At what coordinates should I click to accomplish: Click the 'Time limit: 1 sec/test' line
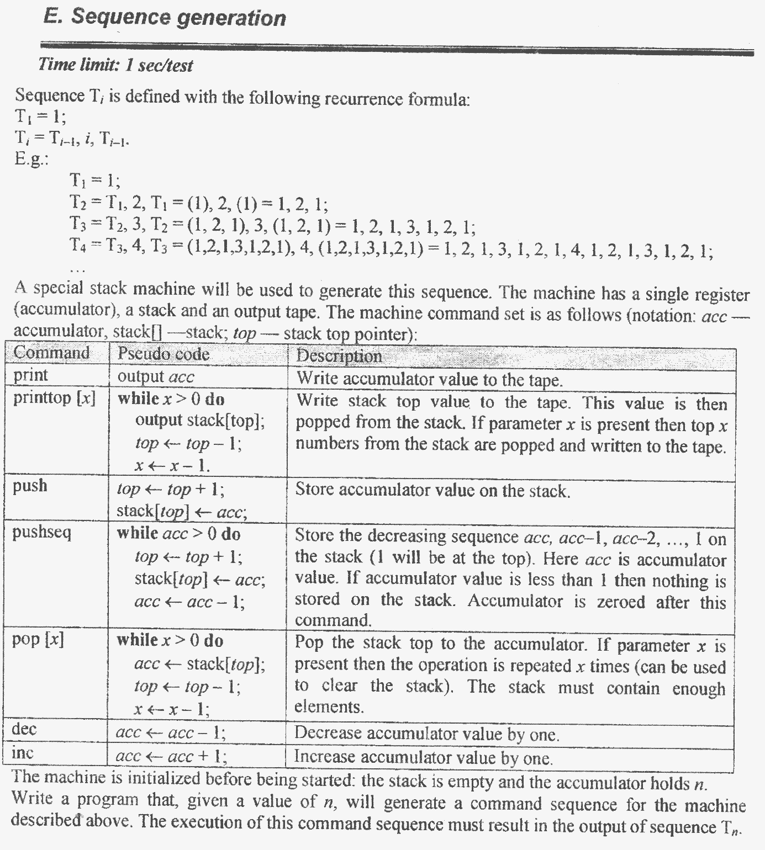[115, 66]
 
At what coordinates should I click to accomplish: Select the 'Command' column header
[51, 353]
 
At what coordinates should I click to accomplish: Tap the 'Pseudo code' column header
[163, 354]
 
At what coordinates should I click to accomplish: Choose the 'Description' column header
[339, 356]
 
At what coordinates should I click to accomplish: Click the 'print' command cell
[31, 375]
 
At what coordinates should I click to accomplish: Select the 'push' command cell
[30, 486]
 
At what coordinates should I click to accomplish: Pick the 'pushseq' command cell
[42, 533]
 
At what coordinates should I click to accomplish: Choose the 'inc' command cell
[23, 752]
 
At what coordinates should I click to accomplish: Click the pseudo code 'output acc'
[156, 377]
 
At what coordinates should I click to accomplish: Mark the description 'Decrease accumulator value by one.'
[426, 734]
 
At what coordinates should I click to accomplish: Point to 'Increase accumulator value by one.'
[423, 757]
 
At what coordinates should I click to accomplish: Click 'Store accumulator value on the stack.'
[432, 490]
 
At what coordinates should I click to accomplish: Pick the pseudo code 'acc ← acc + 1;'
[171, 756]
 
